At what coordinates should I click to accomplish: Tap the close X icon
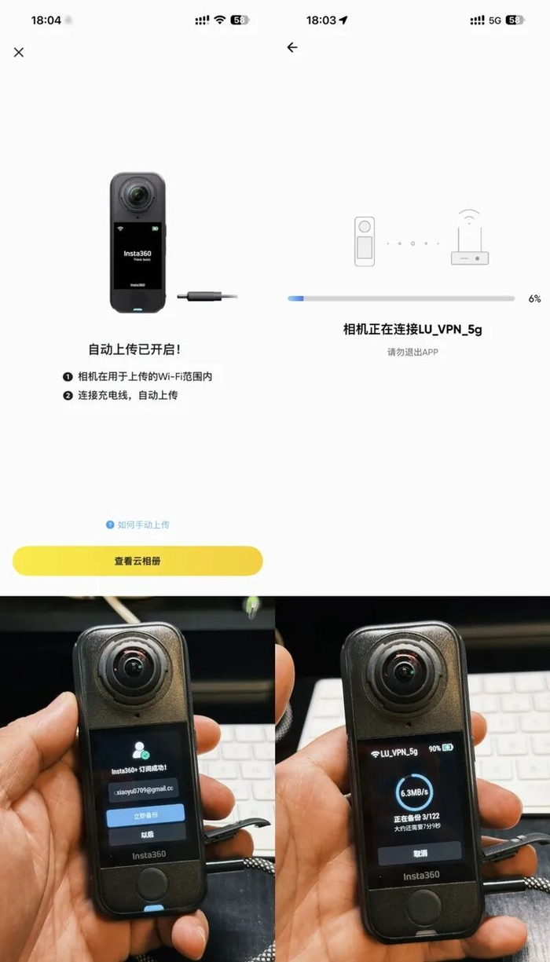click(19, 52)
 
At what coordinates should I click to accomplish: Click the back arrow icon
click(292, 48)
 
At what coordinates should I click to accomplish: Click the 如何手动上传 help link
click(138, 525)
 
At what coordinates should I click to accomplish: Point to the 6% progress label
click(534, 298)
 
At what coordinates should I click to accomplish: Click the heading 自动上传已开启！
click(137, 349)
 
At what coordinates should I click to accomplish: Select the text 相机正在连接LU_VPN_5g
click(412, 329)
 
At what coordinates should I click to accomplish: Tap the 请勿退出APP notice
click(412, 353)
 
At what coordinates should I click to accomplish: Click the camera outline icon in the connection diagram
click(364, 240)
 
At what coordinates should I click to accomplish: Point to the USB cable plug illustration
click(206, 296)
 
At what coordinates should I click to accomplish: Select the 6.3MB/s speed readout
click(414, 792)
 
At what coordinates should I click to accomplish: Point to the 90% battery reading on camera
click(434, 749)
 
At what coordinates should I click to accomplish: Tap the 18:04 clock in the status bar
click(46, 20)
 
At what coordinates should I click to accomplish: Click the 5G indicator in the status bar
click(495, 20)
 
